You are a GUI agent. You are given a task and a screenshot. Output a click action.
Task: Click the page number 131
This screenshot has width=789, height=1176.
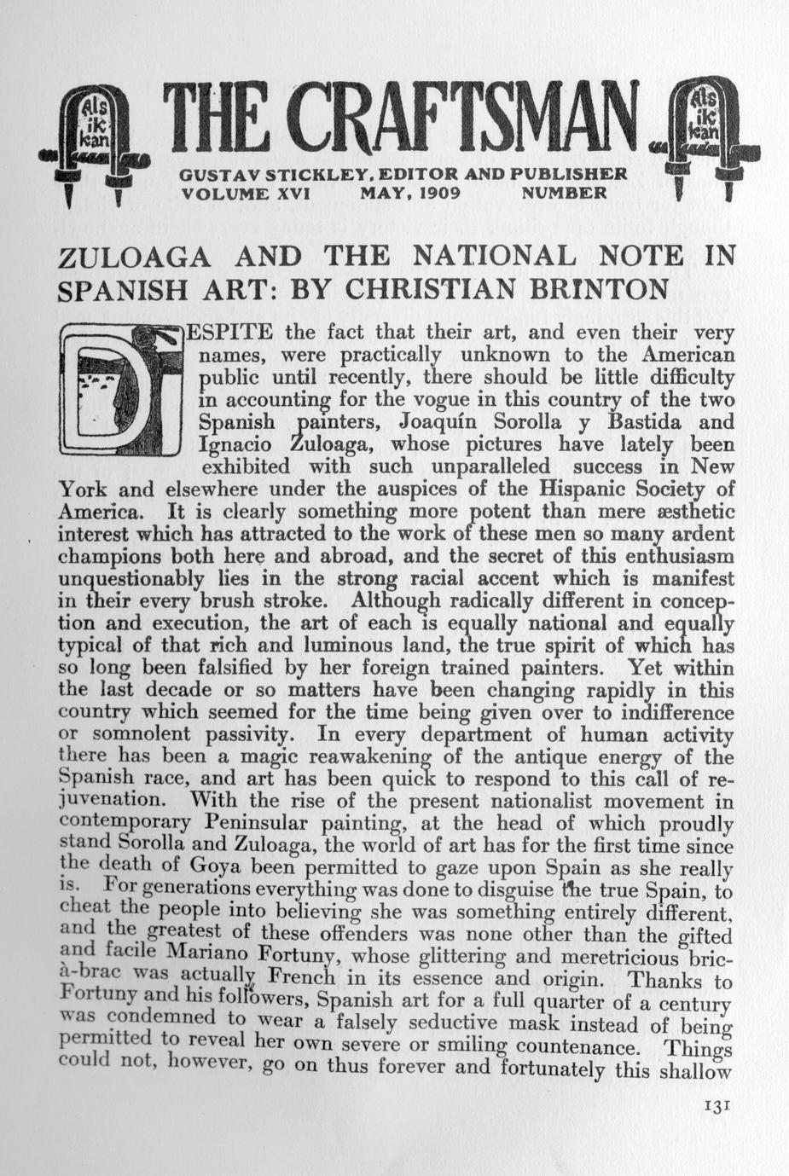(x=715, y=1105)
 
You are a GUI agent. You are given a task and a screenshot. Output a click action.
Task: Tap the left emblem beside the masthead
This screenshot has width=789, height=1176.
(x=95, y=142)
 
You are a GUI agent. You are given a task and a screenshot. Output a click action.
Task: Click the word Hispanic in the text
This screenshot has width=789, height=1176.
(x=579, y=490)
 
